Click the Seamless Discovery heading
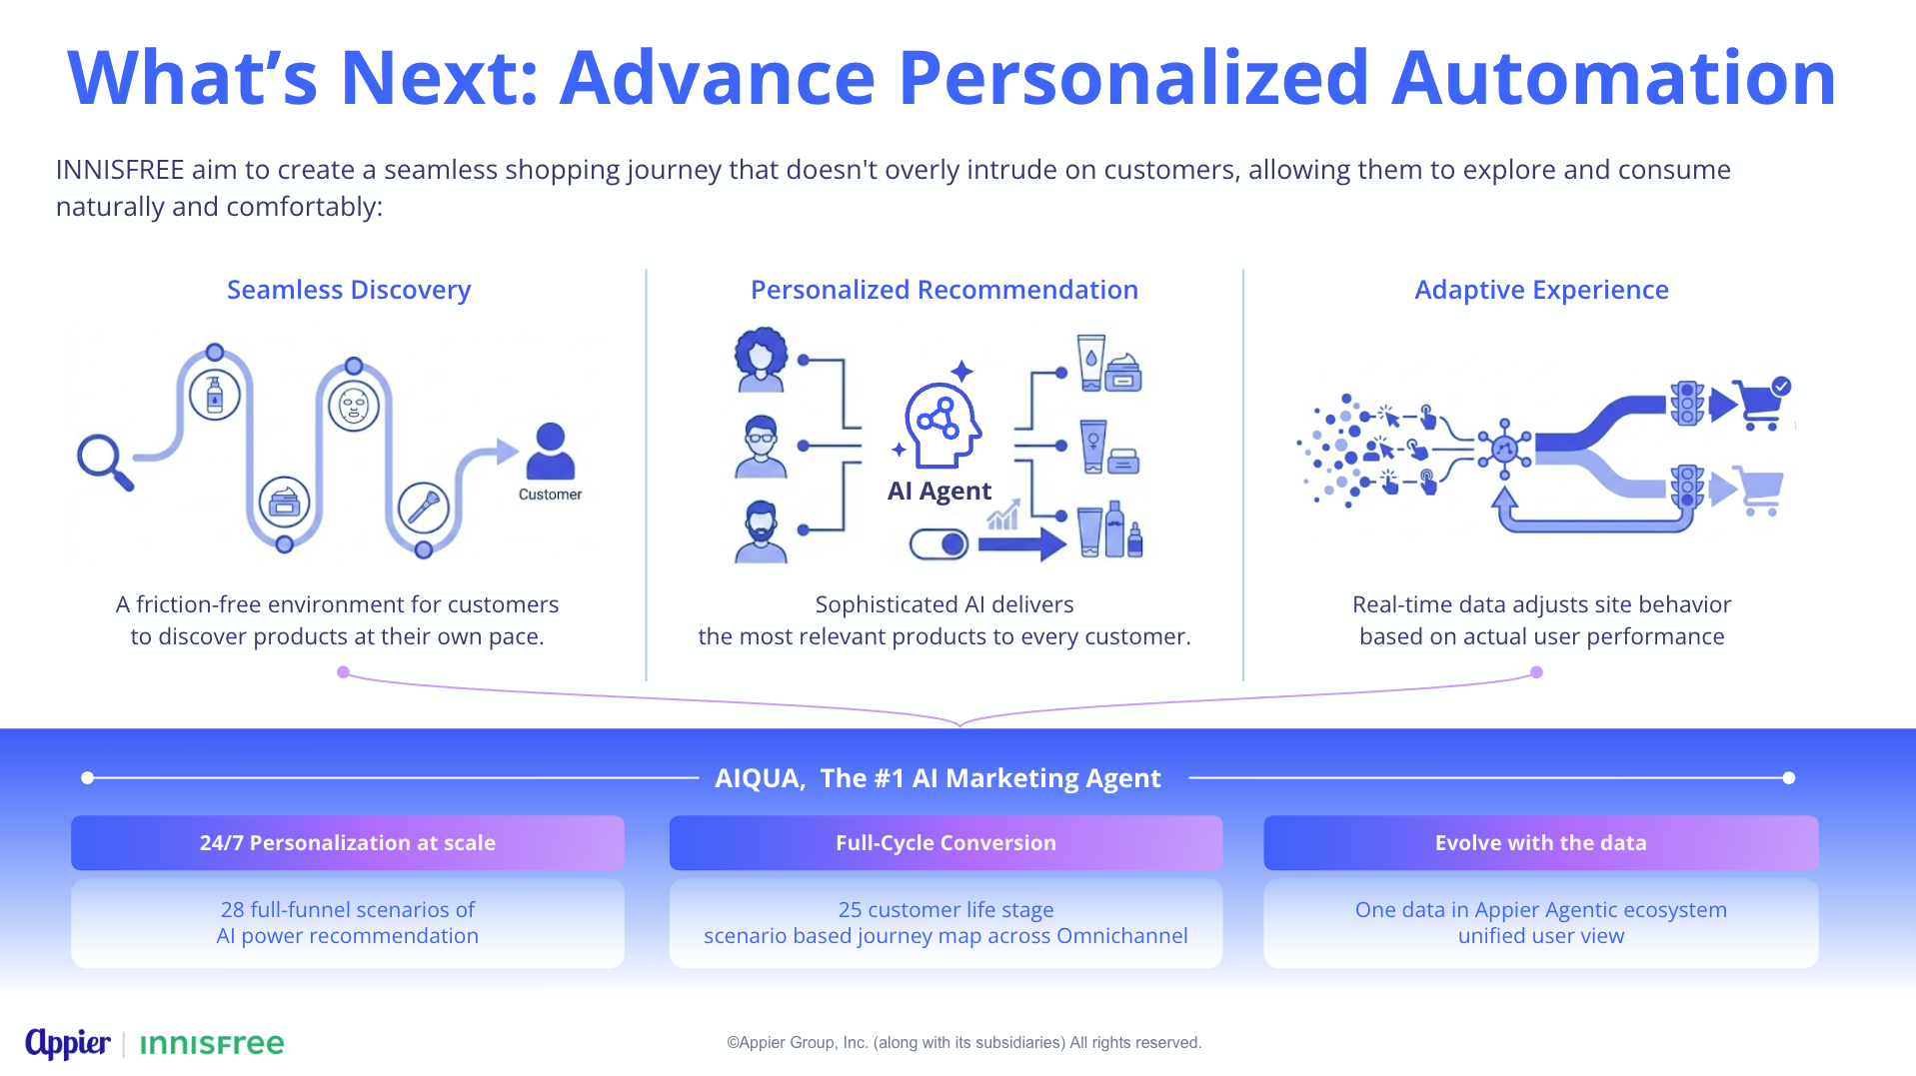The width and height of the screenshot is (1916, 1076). pos(349,290)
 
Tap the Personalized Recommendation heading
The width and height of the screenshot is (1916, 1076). pos(945,290)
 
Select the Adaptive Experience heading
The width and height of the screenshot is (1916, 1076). pos(1541,290)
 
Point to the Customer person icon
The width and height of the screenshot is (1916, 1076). pos(551,452)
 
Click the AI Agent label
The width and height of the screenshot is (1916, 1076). pos(940,491)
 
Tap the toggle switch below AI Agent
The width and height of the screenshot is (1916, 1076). pos(940,544)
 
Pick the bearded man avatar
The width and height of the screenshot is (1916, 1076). pos(762,532)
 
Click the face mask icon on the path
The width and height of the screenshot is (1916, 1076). pos(354,407)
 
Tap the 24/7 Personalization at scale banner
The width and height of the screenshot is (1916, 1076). pos(348,843)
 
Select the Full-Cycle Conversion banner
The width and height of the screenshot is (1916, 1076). pos(946,843)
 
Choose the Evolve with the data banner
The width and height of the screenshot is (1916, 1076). pos(1541,843)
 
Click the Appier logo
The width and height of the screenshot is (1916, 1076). pos(68,1043)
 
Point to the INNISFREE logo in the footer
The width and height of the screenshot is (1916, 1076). pos(212,1044)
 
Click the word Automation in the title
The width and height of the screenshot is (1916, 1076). pos(1614,78)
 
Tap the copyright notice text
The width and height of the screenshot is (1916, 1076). pos(963,1043)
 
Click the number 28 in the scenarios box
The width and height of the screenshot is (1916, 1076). pos(232,910)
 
